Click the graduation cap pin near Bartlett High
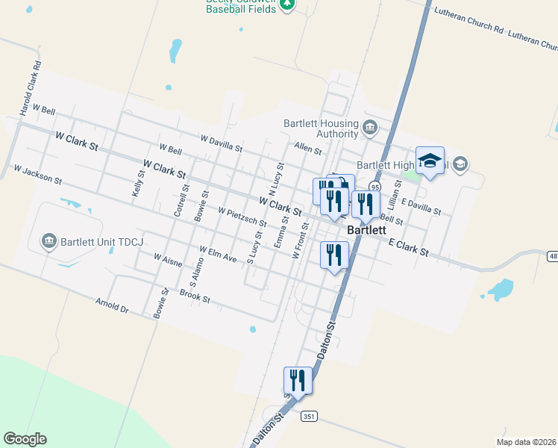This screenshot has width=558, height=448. (x=430, y=161)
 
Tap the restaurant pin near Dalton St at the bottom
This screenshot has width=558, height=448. (x=298, y=380)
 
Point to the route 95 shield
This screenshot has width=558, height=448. (x=374, y=187)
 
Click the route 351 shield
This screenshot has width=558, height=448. (x=309, y=417)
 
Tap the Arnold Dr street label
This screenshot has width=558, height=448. (x=112, y=306)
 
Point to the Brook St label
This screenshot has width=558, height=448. (x=195, y=296)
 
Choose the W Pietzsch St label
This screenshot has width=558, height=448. (x=242, y=217)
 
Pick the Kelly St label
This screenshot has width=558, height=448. (x=137, y=183)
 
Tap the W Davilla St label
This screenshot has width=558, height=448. (x=221, y=143)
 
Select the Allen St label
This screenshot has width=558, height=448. (x=307, y=149)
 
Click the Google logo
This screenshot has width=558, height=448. (x=25, y=439)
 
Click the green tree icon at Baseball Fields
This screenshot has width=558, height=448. (x=287, y=5)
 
